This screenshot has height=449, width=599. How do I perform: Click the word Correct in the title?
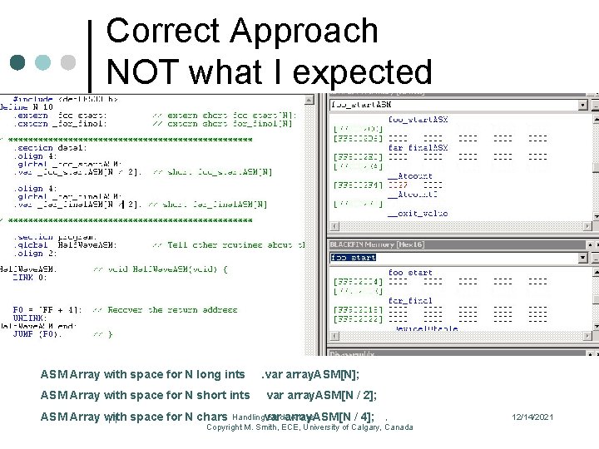[163, 32]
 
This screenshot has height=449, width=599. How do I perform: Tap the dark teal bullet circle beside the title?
[17, 63]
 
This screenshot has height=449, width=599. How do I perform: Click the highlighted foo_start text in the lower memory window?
[354, 258]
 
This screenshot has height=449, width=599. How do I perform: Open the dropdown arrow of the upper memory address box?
[582, 106]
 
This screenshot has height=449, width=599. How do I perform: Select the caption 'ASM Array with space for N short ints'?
[145, 395]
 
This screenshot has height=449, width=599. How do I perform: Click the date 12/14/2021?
[532, 417]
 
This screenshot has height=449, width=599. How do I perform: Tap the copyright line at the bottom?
[309, 427]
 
